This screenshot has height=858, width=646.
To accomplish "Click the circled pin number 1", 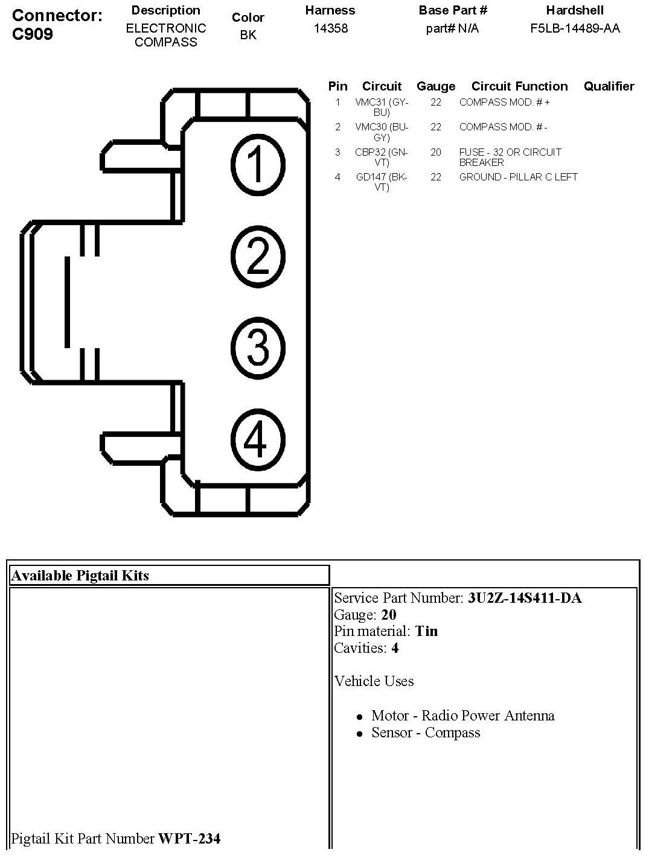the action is [x=257, y=164].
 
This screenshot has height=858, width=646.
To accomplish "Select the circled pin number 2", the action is [x=258, y=256].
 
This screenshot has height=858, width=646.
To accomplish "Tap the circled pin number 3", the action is [x=258, y=347].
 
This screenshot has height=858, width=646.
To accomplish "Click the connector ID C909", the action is [x=32, y=34].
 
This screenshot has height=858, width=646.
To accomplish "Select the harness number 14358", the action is [x=331, y=28].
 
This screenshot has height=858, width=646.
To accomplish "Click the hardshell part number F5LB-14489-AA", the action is [x=575, y=28].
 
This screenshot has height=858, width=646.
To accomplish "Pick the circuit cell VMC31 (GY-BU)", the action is [x=382, y=107].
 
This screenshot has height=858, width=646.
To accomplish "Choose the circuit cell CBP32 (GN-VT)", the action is [x=382, y=157].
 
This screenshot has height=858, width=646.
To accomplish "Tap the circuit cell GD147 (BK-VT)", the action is [x=382, y=182].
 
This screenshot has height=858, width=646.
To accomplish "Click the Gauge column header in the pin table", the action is [x=436, y=86].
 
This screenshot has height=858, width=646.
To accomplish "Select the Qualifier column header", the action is [x=609, y=86].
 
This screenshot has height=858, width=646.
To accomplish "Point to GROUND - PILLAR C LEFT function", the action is [x=518, y=177].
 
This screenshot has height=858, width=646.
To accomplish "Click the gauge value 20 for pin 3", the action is [x=436, y=152].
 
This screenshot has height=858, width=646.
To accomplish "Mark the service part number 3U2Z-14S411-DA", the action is [x=525, y=598].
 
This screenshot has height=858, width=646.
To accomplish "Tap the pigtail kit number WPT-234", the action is [x=189, y=838].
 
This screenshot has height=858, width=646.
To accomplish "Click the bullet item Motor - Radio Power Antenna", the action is [x=462, y=716].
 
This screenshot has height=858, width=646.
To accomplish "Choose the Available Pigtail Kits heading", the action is [x=80, y=575].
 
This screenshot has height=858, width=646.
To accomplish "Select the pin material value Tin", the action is [x=426, y=631].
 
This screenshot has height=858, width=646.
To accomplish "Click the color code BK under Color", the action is [x=248, y=35].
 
